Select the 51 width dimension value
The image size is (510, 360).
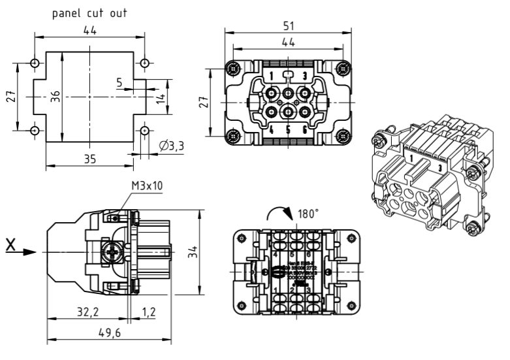click(x=289, y=25)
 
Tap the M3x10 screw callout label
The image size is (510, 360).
click(x=147, y=186)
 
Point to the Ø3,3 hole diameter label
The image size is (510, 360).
click(x=171, y=146)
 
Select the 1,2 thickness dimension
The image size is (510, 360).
click(x=149, y=312)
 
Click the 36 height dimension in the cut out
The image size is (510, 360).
click(x=56, y=96)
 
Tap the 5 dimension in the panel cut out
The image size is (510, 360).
click(x=120, y=83)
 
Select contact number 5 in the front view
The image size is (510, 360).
click(x=287, y=129)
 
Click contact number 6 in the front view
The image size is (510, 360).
click(x=304, y=129)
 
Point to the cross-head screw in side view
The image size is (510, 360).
click(x=112, y=250)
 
